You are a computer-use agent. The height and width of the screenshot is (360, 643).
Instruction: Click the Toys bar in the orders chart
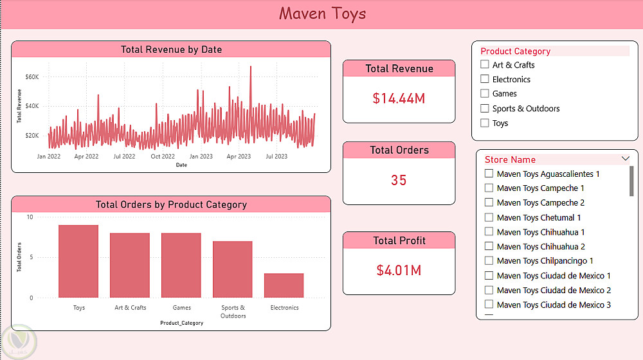coord(78,261)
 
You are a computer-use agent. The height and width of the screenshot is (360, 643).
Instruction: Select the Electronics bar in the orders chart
coord(284,285)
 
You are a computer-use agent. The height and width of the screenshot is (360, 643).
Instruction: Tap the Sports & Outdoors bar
coord(232,269)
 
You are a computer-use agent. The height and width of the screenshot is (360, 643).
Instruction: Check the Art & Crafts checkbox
coord(485,65)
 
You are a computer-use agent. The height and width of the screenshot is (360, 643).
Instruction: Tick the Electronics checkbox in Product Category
coord(485,79)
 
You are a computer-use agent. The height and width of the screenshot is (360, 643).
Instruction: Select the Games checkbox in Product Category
coord(485,94)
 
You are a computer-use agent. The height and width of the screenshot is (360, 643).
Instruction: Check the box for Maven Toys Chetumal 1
coord(489,217)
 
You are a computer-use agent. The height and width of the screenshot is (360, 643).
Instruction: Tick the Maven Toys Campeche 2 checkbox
coord(489,203)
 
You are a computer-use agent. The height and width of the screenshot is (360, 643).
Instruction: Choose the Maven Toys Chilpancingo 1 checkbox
coord(489,261)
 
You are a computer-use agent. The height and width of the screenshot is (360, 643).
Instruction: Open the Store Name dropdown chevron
coord(626,159)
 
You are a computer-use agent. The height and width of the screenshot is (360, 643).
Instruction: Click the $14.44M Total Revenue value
coord(399,98)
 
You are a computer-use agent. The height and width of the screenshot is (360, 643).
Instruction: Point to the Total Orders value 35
coord(399,180)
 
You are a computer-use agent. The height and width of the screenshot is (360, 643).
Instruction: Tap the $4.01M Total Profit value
coord(399,270)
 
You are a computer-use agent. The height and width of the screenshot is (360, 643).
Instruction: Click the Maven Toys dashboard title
coord(322,14)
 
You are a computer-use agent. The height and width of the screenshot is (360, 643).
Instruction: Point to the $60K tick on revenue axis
coord(32,77)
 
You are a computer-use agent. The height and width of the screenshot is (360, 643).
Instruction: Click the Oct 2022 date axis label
coord(163,156)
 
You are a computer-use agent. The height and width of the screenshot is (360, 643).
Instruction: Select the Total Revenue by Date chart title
coord(171,50)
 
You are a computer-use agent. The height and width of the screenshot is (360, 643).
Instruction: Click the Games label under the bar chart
coord(181,308)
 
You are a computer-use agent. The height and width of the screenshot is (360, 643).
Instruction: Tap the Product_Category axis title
coord(181,323)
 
